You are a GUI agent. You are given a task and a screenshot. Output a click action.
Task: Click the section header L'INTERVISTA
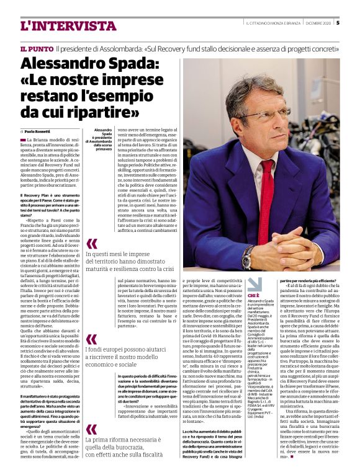pyautogui.click(x=60, y=25)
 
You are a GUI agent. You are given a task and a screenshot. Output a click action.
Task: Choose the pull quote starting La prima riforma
pyautogui.click(x=130, y=444)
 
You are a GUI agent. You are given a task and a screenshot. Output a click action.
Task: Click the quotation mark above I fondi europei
pyautogui.click(x=91, y=339)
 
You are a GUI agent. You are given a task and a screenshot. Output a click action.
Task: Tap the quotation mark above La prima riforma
pyautogui.click(x=91, y=429)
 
